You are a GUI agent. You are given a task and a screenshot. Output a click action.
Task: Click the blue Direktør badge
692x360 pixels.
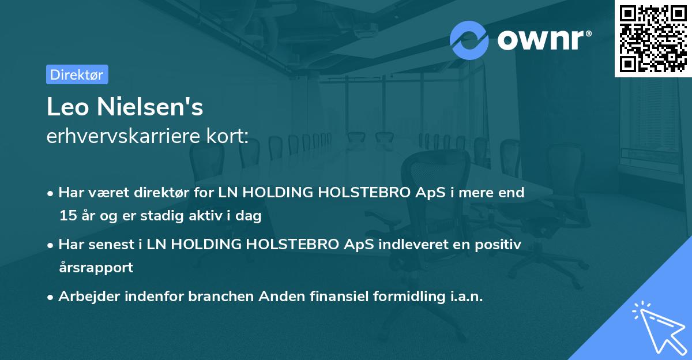[77, 74]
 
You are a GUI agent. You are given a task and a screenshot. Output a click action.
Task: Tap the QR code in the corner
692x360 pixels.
[653, 39]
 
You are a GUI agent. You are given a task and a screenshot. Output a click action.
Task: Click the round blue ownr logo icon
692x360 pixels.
[469, 40]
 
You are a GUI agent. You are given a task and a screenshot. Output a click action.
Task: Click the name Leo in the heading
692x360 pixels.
[67, 107]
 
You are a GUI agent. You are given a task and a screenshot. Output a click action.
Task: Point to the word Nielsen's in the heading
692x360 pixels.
[150, 107]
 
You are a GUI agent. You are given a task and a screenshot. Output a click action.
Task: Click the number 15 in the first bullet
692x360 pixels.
[68, 215]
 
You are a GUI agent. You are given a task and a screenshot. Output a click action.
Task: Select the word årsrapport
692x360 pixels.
[96, 268]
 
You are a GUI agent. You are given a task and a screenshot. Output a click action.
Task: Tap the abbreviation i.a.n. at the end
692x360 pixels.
[467, 297]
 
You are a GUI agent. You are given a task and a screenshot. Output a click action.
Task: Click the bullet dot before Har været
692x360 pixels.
[50, 194]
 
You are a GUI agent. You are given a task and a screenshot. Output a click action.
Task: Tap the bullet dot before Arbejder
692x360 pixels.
[50, 298]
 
